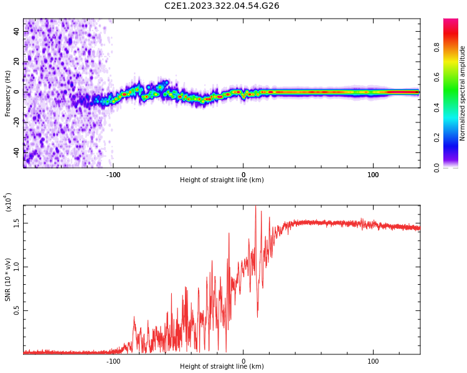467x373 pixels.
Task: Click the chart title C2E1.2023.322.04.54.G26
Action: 222,6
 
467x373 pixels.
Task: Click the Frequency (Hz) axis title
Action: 8,93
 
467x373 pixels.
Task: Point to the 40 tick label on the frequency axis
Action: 16,31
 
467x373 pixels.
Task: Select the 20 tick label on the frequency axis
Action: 16,62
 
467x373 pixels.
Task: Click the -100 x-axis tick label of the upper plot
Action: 113,174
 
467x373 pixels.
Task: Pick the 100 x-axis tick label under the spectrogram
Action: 373,174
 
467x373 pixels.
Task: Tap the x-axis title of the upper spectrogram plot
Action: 222,180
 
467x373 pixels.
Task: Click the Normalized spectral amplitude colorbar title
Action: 463,93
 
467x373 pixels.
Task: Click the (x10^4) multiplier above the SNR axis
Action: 9,202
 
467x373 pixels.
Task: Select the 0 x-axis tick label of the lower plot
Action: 243,361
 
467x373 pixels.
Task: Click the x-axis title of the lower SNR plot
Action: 222,367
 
